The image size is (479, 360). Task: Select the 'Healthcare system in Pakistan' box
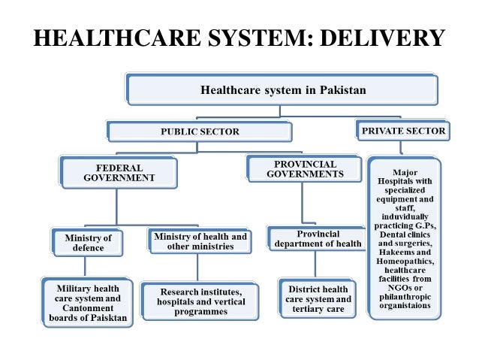[282, 90]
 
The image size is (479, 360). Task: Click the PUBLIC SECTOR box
[200, 132]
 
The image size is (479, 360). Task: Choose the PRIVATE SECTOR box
[404, 131]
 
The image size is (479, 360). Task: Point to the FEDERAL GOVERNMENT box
[119, 173]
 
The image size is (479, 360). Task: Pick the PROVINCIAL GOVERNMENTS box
[305, 169]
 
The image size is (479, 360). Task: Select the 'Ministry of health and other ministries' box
[200, 241]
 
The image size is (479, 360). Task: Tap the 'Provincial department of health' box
[318, 238]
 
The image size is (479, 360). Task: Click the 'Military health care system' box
[88, 303]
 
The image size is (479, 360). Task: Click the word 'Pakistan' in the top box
[342, 90]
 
